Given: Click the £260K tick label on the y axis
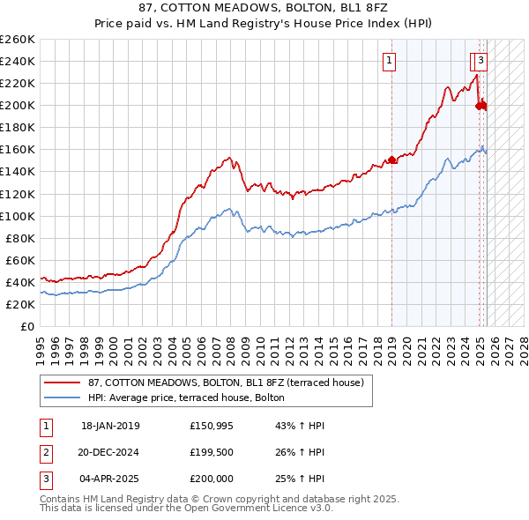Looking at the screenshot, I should pos(18,40).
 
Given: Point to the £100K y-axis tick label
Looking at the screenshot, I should pos(18,216).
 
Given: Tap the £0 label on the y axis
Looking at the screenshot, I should pos(27,326).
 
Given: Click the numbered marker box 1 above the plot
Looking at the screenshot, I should pos(390,61).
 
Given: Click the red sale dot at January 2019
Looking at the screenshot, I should pos(392,160).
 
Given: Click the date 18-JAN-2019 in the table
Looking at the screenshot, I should pos(110,426).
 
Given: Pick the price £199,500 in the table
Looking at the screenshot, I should pos(212,452).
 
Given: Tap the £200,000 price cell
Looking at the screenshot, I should pos(212,479).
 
